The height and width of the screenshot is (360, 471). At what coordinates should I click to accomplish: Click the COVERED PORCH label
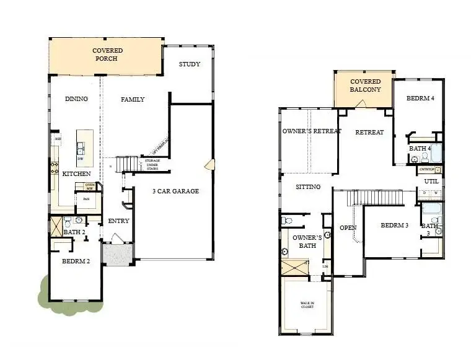pos(107,55)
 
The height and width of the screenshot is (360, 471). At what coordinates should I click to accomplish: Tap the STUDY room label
pos(189,64)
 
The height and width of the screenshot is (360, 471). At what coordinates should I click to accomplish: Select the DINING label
pos(76,99)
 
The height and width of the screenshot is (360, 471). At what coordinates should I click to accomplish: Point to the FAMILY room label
pos(133,99)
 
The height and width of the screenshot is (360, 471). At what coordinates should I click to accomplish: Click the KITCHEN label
pos(76,174)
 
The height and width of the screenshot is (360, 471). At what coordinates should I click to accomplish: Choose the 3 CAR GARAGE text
pos(176,191)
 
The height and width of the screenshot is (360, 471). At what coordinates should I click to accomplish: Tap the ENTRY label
pos(118,221)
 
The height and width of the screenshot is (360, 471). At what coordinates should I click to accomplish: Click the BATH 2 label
pos(74,232)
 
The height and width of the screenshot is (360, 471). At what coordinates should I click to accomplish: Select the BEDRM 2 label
pos(76,261)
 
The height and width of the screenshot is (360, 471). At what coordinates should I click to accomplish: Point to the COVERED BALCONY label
pos(365,86)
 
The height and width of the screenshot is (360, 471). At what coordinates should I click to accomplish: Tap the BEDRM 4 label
pos(420,99)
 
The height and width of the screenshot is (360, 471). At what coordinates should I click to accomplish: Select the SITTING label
pos(308,187)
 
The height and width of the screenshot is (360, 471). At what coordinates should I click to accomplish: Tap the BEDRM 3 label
pos(394,225)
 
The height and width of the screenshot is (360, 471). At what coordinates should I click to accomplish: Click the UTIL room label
pos(431,182)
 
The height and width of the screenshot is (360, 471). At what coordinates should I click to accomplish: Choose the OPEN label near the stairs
pos(348,228)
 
